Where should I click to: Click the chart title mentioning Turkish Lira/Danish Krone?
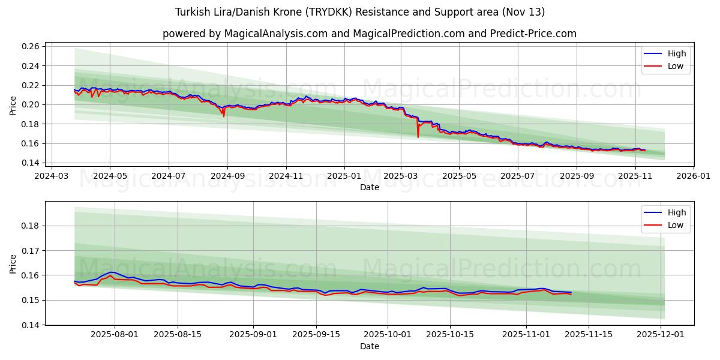360,12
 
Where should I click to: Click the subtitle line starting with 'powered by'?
369,34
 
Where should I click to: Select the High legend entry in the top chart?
676,53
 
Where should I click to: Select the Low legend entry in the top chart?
675,66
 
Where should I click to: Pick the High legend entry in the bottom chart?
676,212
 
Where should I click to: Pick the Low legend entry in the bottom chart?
675,225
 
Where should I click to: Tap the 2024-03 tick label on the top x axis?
51,176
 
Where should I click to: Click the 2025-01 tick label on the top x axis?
344,176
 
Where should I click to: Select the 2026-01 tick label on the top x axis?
693,176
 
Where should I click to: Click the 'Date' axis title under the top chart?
369,188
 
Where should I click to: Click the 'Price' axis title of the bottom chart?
13,263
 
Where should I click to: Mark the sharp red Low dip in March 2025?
418,137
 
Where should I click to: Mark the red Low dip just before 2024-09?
224,115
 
